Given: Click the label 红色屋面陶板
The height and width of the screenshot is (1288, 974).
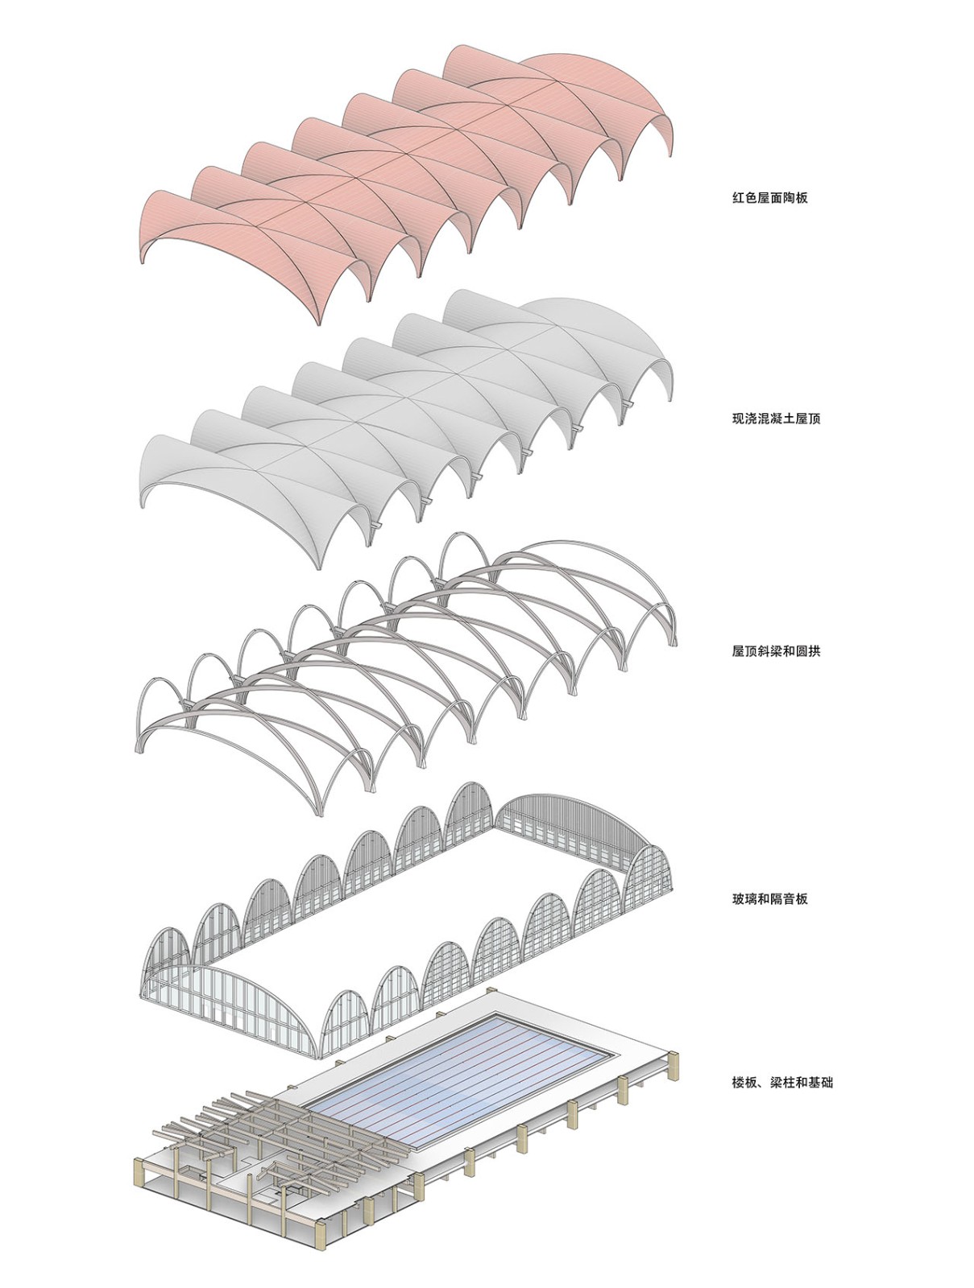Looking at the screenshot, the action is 769,198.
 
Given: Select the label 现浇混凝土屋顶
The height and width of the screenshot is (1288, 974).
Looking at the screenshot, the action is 776,419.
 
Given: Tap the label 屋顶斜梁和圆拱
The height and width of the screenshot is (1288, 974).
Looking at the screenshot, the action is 776,650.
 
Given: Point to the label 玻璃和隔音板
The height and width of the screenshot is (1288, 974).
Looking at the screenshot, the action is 769,898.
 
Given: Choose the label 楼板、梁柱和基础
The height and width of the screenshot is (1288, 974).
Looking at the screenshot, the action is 782,1082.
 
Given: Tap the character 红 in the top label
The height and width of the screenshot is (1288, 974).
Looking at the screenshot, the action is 738,198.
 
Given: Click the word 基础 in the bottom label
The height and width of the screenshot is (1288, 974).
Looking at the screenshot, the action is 820,1082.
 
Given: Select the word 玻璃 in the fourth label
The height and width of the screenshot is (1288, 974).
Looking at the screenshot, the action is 744,898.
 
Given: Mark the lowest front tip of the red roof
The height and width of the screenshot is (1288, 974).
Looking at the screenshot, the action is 318,324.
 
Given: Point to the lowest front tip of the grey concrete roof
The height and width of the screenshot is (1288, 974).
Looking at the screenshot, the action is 319,568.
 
